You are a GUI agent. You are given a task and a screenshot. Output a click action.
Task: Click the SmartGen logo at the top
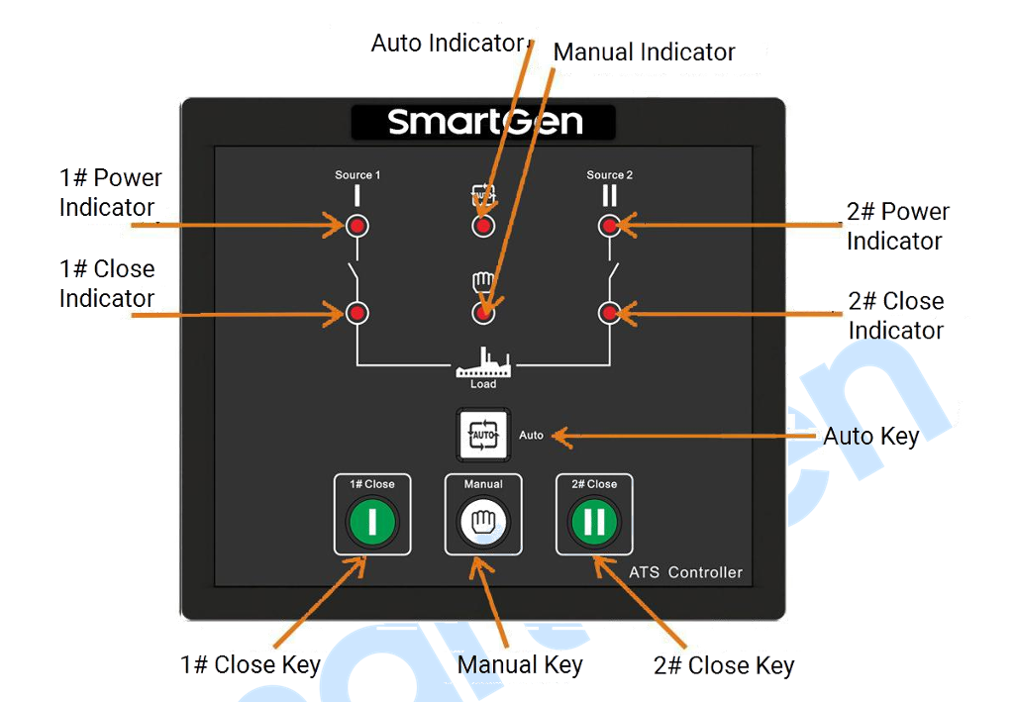click(485, 122)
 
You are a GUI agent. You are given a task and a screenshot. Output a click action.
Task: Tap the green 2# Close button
click(594, 521)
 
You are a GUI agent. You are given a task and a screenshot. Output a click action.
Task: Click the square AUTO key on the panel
click(483, 435)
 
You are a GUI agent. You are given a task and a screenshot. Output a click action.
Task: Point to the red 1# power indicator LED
click(356, 226)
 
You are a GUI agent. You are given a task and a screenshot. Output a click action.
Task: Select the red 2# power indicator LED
click(609, 226)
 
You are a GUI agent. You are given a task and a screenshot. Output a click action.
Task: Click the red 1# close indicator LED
click(356, 314)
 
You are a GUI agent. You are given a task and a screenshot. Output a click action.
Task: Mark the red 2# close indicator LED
click(609, 314)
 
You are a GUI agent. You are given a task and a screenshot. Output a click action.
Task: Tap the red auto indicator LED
click(483, 226)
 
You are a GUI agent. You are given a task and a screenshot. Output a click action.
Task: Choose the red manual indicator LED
click(483, 314)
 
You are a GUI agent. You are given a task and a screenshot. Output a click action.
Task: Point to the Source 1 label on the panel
click(357, 175)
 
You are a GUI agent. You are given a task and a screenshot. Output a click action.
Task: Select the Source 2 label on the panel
click(610, 175)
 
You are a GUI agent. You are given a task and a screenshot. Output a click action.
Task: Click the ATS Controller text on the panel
click(686, 572)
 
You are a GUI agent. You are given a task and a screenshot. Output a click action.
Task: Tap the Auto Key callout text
click(871, 437)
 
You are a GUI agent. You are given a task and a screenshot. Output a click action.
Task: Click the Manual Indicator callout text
click(644, 51)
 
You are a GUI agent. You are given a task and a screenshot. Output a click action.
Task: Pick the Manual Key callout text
click(520, 665)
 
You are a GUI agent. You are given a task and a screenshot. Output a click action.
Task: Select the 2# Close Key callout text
click(724, 665)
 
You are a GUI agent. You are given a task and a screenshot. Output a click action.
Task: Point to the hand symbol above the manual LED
click(483, 282)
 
